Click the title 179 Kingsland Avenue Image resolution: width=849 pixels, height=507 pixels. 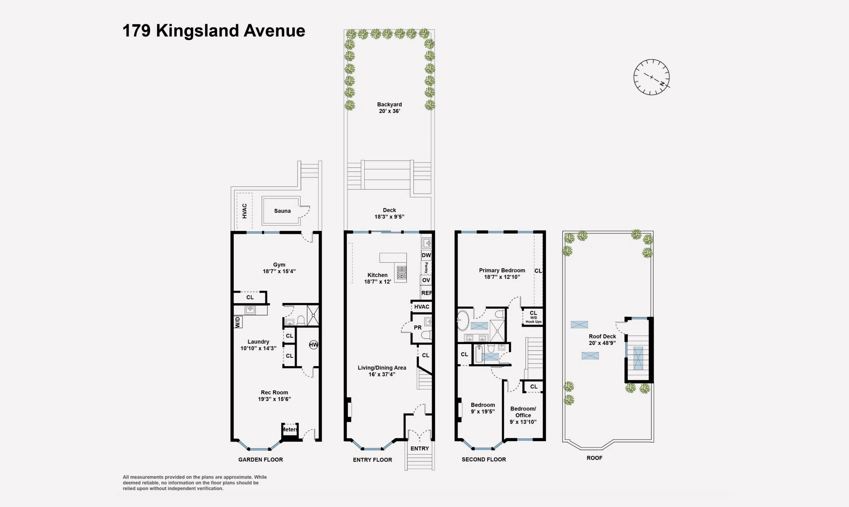[x=214, y=31]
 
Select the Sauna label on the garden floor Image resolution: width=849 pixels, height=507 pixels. [x=282, y=211]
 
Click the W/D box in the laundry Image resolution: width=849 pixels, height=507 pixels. [x=238, y=322]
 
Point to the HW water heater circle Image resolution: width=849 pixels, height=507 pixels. [x=313, y=345]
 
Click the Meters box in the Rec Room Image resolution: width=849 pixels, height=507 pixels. [x=290, y=429]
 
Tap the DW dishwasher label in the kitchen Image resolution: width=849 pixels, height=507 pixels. [x=426, y=255]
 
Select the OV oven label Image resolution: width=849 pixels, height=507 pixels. [x=426, y=280]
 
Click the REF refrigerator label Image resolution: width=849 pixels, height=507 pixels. [x=426, y=293]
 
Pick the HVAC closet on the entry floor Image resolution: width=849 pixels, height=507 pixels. [x=421, y=307]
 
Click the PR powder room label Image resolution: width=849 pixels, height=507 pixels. [x=417, y=327]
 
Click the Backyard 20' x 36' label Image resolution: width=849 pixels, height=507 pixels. [x=389, y=108]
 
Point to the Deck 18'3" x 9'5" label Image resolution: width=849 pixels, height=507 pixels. [x=389, y=213]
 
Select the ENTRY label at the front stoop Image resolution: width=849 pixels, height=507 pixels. [x=419, y=449]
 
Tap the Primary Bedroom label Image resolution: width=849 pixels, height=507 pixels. [x=502, y=273]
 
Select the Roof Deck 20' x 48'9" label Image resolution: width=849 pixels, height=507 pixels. [x=602, y=340]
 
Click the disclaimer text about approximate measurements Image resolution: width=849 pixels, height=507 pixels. [x=195, y=483]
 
